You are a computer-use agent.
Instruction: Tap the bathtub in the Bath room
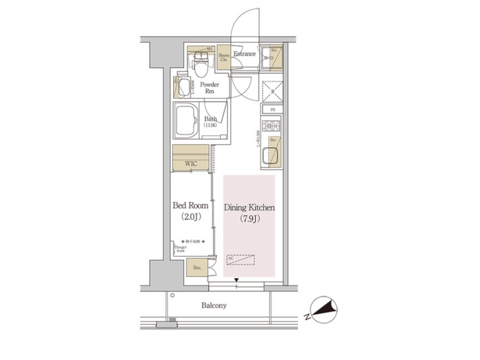189,121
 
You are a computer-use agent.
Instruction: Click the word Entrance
245,53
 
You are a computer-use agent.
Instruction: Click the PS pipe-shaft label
272,109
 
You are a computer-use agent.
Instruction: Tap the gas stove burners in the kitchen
272,125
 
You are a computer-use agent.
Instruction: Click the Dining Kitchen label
249,208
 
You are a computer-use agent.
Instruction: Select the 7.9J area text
249,219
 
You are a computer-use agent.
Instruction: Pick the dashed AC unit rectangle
241,259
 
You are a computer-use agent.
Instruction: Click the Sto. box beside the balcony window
197,268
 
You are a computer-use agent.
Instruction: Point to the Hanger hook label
181,249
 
